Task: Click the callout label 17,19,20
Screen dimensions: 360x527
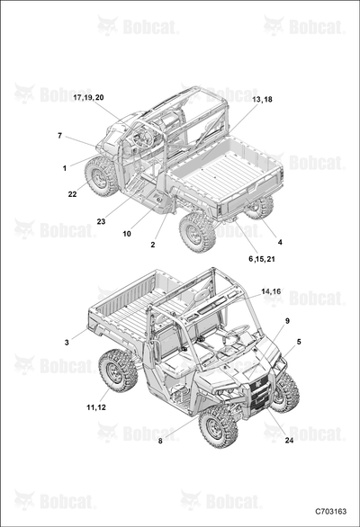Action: [x=88, y=97]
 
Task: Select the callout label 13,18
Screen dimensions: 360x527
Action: [x=262, y=100]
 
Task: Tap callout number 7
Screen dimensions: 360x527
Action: [x=60, y=136]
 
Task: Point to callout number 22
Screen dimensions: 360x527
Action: [x=72, y=194]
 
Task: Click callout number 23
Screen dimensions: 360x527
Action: [x=101, y=221]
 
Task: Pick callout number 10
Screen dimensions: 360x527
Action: [x=127, y=234]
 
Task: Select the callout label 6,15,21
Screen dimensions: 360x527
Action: [x=262, y=259]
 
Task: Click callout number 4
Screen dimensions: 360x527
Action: [x=280, y=242]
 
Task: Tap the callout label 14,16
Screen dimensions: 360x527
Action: [x=271, y=291]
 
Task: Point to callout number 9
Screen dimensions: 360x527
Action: [x=287, y=321]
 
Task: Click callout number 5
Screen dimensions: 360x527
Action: [x=299, y=342]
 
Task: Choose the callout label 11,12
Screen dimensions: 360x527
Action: [x=96, y=407]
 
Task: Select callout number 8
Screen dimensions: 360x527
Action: [x=160, y=441]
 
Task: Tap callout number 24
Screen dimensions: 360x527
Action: [x=289, y=441]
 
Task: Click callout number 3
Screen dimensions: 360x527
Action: [x=67, y=343]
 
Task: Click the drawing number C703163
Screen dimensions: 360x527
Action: [x=330, y=512]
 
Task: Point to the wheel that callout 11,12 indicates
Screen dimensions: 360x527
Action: [x=118, y=371]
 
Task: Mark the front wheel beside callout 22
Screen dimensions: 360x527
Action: [x=102, y=176]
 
